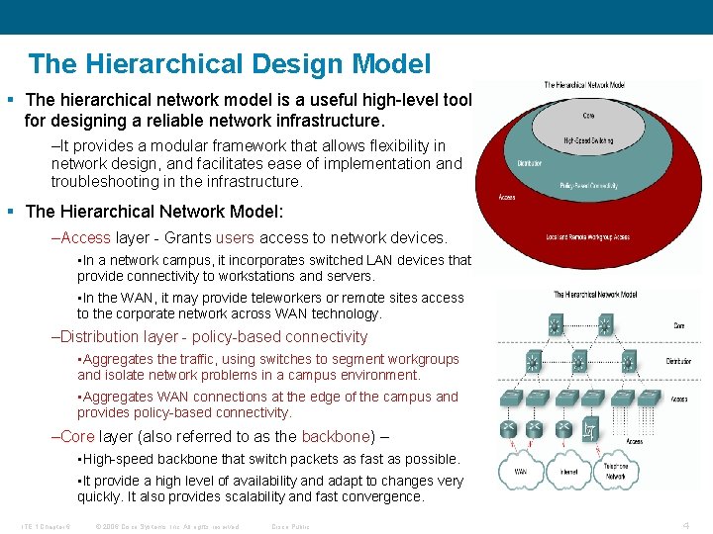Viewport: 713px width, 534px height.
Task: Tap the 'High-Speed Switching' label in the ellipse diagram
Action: coord(588,141)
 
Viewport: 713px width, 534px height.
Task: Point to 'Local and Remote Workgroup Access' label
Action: coord(588,237)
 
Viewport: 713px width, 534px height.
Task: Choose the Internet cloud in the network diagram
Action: coord(566,472)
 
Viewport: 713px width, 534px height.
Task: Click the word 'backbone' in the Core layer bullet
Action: coord(336,436)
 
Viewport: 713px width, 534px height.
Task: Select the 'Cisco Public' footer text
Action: coord(290,526)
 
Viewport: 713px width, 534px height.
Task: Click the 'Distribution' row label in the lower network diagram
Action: coord(678,362)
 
